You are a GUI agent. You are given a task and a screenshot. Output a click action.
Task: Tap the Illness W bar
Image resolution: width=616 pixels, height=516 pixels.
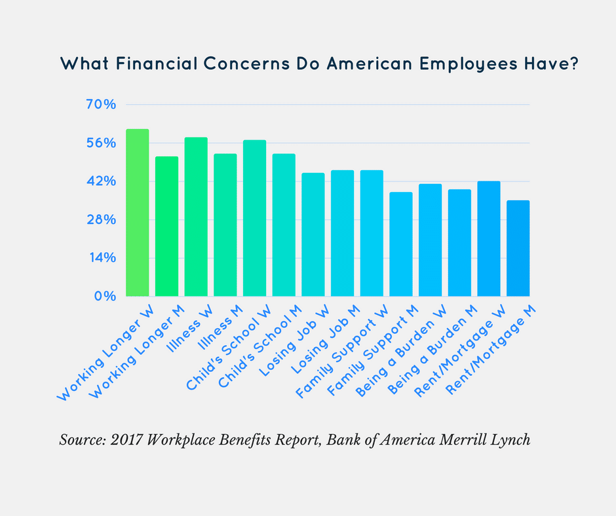pos(196,217)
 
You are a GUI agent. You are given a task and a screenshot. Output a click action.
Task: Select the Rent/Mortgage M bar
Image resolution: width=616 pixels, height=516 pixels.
pos(518,248)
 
